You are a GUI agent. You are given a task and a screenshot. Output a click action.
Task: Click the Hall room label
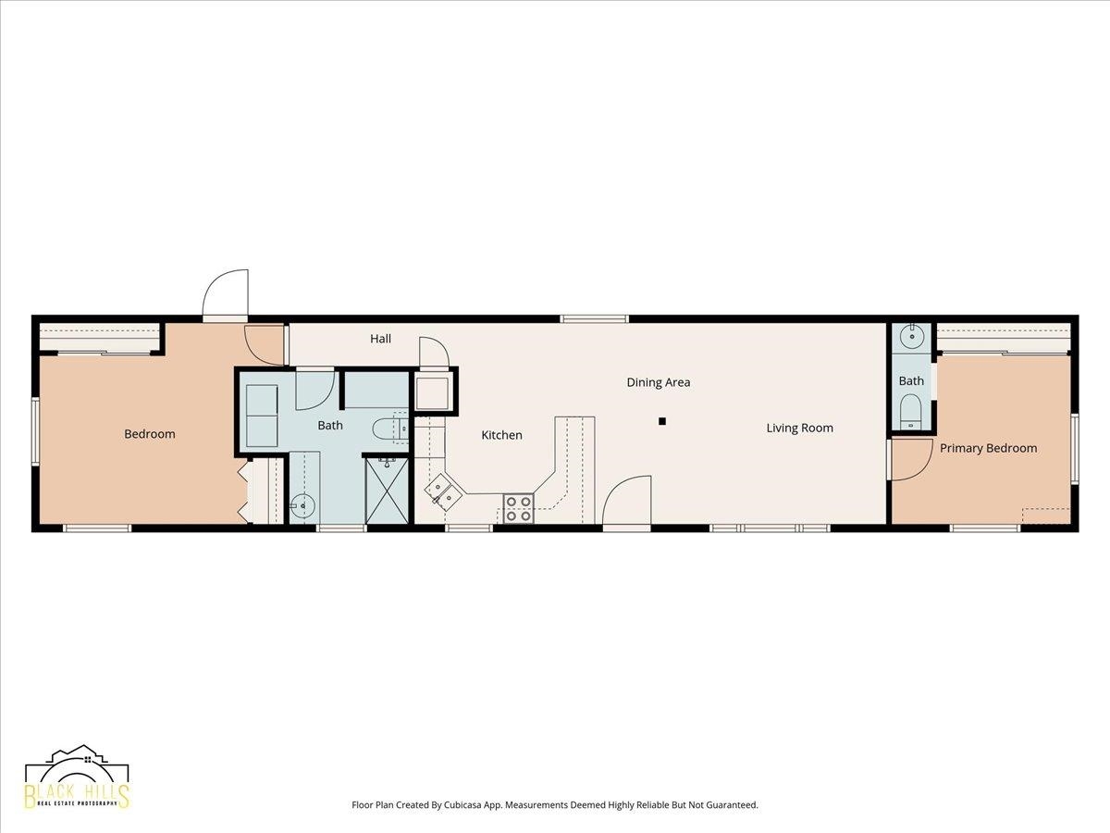coord(380,339)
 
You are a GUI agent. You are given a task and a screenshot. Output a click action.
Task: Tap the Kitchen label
coord(501,435)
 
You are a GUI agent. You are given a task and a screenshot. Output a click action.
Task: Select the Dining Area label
coord(659,382)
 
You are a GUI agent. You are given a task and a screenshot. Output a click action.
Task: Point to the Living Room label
coord(799,428)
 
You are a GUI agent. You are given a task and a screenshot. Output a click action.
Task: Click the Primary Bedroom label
coord(988,448)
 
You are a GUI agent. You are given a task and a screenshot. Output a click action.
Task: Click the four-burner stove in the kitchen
coord(518,508)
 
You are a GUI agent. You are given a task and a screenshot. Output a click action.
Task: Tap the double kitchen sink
coord(442,490)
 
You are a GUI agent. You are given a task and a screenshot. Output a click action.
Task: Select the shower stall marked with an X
coord(387,491)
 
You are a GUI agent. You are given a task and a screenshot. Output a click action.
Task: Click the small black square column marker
coord(662,421)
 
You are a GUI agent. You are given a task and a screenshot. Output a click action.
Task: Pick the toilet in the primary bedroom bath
coord(911,412)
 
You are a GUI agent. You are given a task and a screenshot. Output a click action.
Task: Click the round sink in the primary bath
coord(912,335)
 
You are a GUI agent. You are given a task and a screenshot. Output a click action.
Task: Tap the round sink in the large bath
coord(302,504)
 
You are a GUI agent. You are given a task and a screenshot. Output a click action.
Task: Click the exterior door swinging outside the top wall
coord(226,293)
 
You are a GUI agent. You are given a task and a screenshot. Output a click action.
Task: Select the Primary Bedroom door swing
coord(912,459)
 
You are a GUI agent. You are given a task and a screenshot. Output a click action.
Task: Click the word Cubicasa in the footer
coord(463,804)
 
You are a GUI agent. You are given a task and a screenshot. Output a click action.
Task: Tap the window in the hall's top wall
coord(594,318)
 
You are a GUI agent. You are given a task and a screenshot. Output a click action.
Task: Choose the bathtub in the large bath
coord(262,416)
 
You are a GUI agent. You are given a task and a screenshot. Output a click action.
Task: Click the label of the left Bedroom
coord(150,434)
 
